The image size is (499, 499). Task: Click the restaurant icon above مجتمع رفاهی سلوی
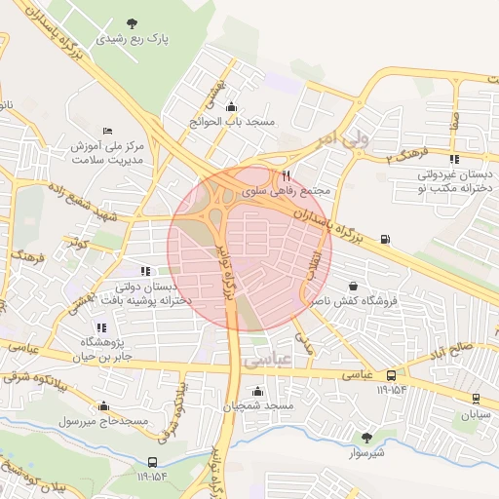286,175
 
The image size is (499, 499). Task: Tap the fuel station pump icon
388,239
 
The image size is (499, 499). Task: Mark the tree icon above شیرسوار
366,438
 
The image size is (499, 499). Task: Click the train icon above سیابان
476,399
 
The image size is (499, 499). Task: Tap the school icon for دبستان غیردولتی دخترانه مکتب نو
454,159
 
